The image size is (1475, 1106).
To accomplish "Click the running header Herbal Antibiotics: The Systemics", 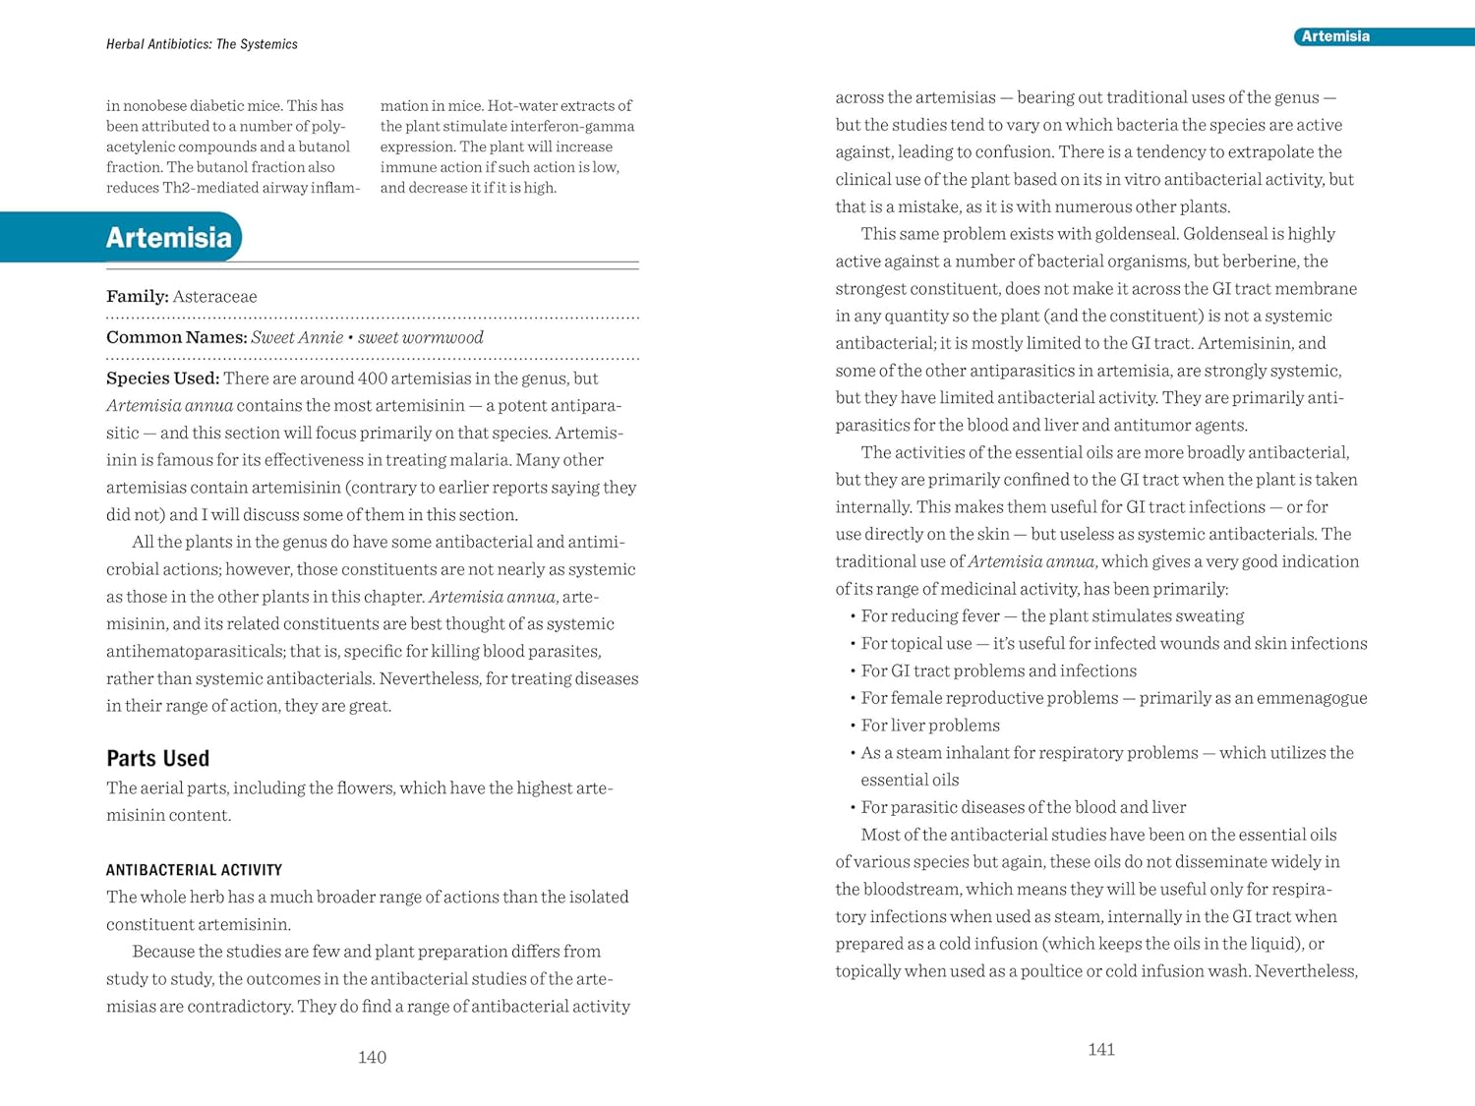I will pos(202,44).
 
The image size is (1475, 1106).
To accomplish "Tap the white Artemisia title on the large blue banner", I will pos(169,238).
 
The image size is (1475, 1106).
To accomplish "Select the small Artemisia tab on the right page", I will pos(1334,36).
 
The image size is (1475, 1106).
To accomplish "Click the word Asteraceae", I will pos(214,297).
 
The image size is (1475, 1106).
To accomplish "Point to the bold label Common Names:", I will pos(176,337).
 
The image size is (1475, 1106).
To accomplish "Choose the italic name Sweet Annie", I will pos(297,337).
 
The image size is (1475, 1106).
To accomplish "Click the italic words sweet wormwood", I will pos(421,337).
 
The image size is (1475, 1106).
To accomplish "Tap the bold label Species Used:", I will pos(162,378).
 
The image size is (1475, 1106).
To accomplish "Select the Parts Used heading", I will pos(157,758).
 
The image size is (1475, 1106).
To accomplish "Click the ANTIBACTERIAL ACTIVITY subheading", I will pos(194,870).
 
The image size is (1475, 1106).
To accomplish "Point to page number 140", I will pos(372,1057).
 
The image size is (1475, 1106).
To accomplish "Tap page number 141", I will pos(1101,1049).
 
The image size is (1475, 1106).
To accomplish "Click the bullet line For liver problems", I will pos(930,726).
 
